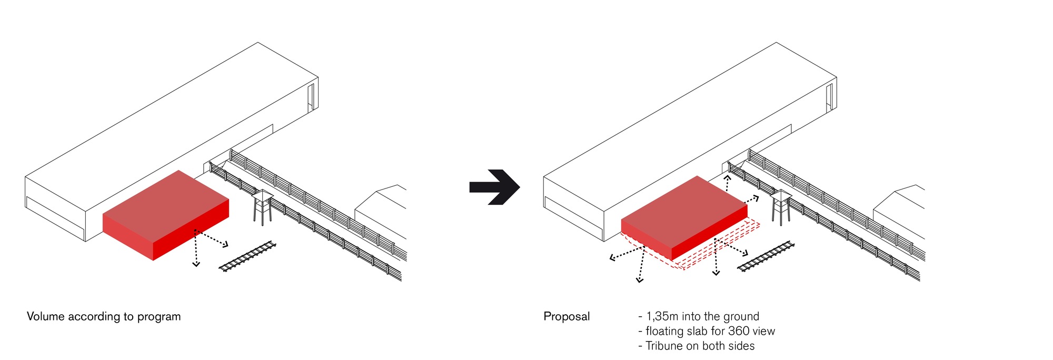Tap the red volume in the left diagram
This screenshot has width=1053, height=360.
click(166, 215)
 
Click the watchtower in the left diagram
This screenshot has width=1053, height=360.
click(262, 207)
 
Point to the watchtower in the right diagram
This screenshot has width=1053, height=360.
click(781, 207)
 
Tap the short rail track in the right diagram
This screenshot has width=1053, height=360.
click(766, 256)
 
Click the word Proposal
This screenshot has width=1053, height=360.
click(567, 317)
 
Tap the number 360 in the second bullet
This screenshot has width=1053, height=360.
click(739, 331)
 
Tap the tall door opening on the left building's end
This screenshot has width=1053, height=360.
click(312, 97)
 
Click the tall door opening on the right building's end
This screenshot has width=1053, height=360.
click(830, 97)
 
